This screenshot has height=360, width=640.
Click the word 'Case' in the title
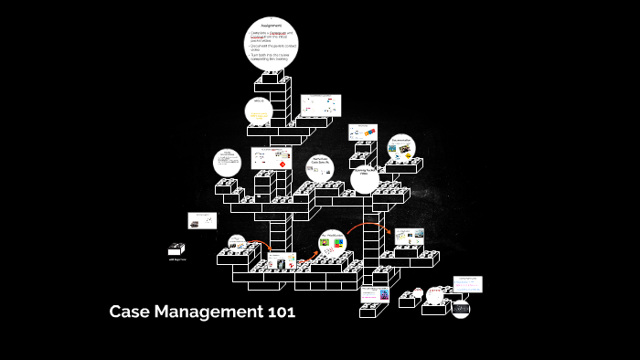click(130, 312)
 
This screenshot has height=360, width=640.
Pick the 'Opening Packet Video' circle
click(364, 178)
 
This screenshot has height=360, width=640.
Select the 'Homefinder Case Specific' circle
click(319, 165)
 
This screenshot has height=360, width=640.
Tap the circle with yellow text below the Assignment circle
click(259, 111)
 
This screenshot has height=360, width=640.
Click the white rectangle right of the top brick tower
click(320, 106)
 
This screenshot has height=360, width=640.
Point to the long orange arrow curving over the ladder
click(364, 224)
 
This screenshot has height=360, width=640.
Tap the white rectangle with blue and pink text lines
click(467, 285)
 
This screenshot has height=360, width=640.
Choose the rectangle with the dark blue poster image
click(375, 294)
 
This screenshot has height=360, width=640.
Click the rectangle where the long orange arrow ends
click(409, 236)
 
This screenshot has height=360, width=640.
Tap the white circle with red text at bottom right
click(436, 294)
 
